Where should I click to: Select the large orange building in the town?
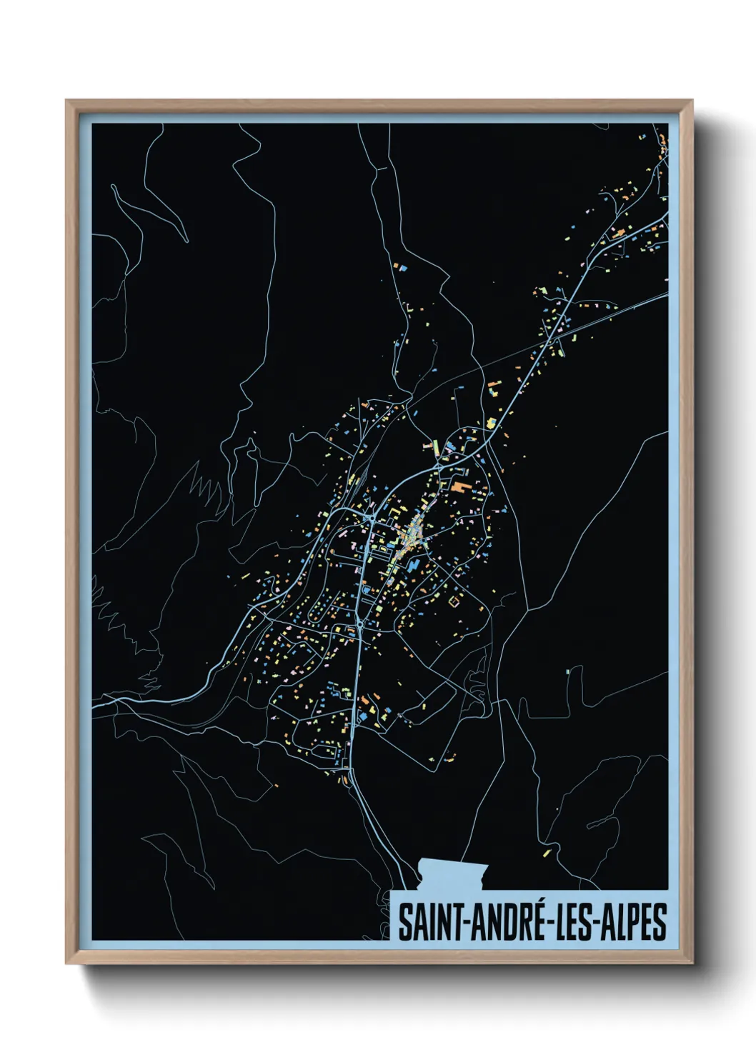pyautogui.click(x=459, y=488)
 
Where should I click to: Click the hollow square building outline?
pyautogui.click(x=452, y=602)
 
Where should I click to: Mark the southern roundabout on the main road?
pyautogui.click(x=359, y=624)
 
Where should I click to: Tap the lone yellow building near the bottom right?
pyautogui.click(x=547, y=851)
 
